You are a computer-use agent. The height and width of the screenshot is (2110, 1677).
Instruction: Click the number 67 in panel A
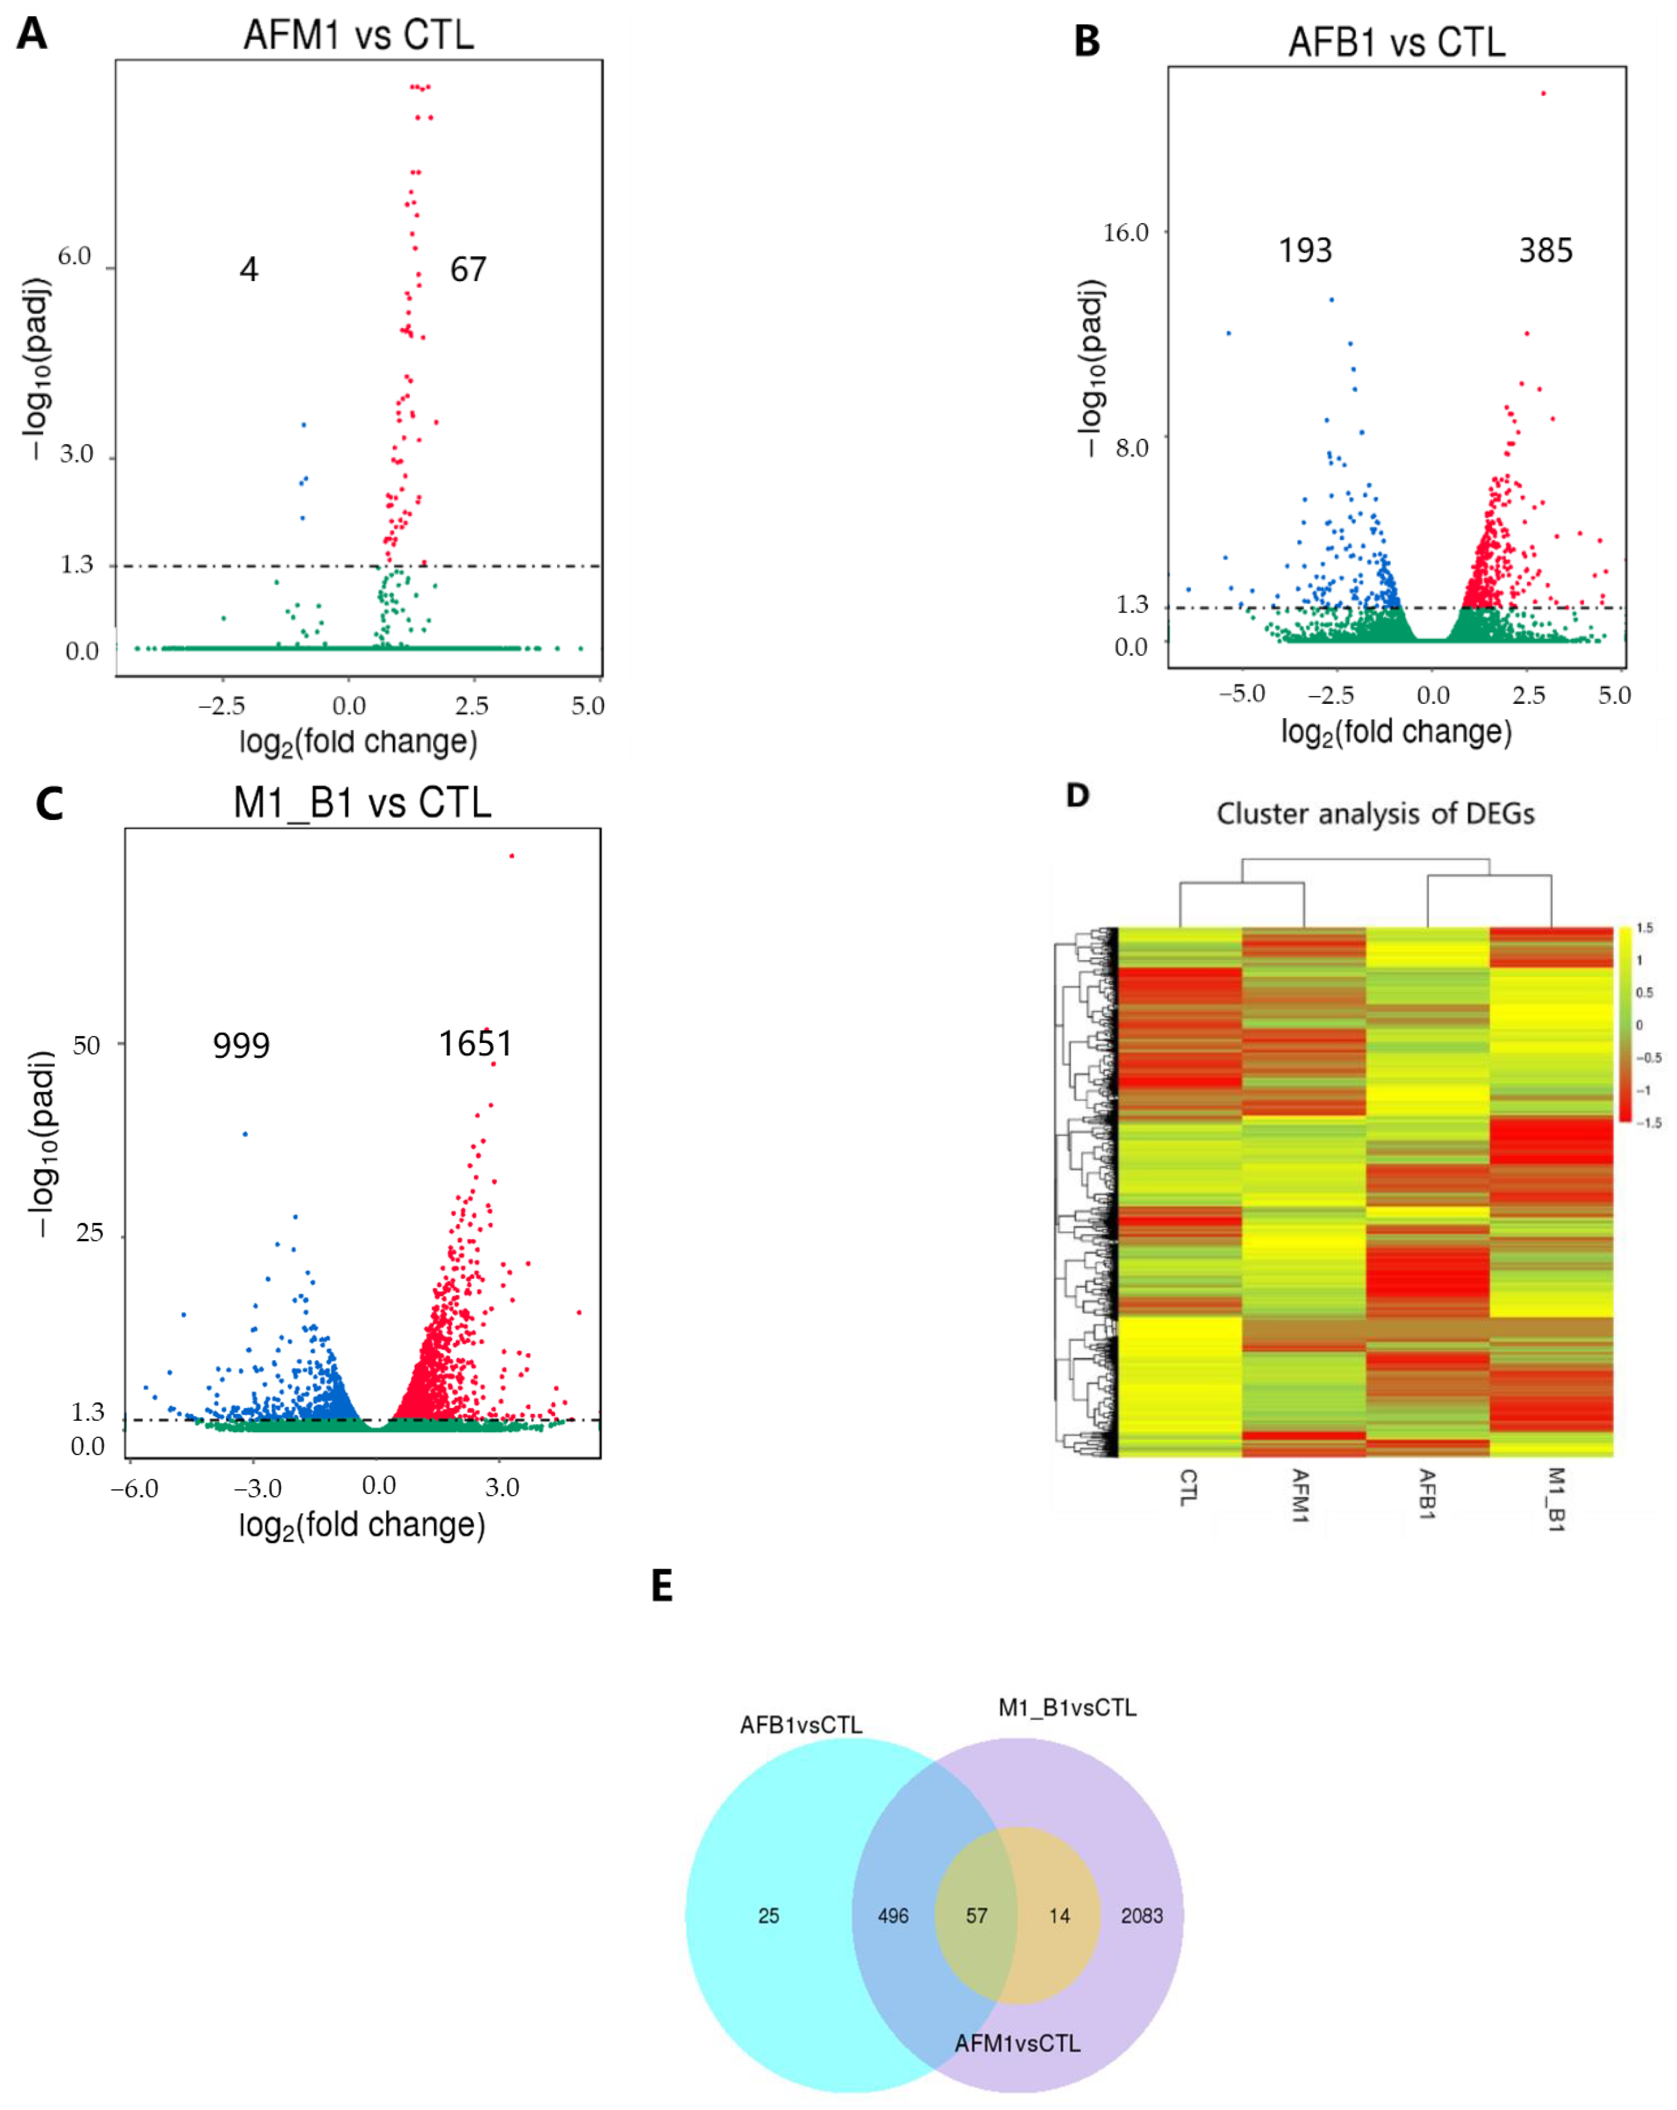pos(468,269)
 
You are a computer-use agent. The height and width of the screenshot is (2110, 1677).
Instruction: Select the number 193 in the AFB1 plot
pos(1305,250)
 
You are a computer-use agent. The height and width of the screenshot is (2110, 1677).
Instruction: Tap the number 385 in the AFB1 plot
pos(1545,250)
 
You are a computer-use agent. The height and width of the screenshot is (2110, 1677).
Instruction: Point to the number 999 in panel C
pos(241,1045)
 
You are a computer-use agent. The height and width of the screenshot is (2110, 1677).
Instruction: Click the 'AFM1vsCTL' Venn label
pos(1018,2043)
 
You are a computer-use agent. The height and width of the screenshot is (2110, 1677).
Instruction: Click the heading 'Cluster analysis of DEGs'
pos(1374,814)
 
